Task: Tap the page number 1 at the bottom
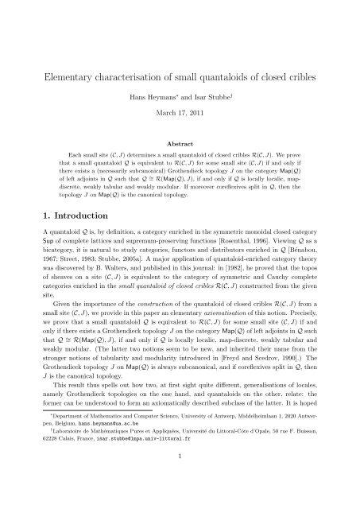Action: point(180,486)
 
